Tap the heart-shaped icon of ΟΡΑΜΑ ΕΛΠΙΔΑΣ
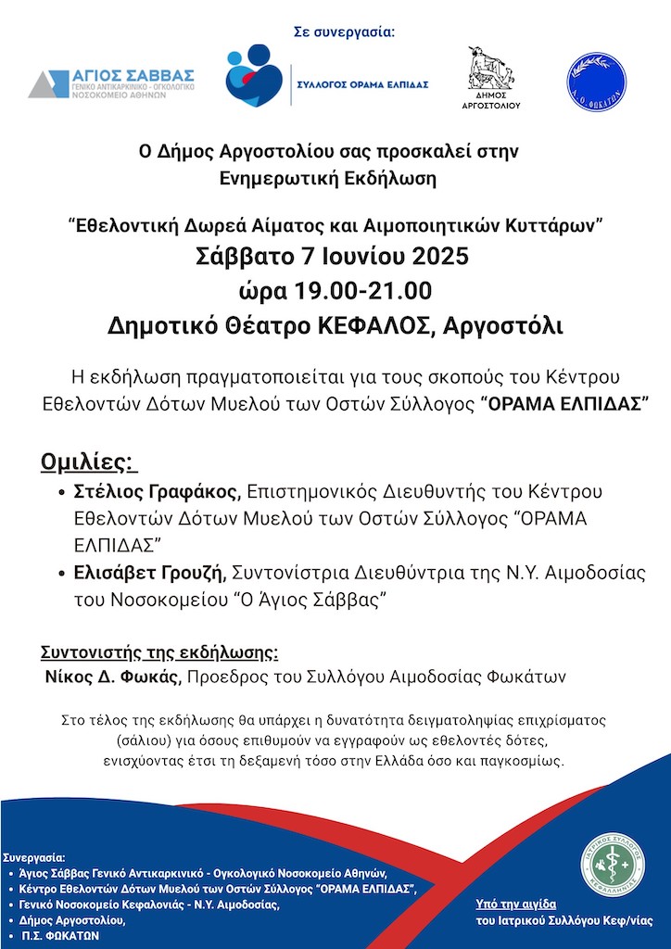tap(254, 76)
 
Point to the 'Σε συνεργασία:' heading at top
tap(344, 32)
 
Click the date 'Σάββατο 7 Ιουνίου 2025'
tap(333, 256)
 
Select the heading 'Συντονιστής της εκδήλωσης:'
tap(159, 650)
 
